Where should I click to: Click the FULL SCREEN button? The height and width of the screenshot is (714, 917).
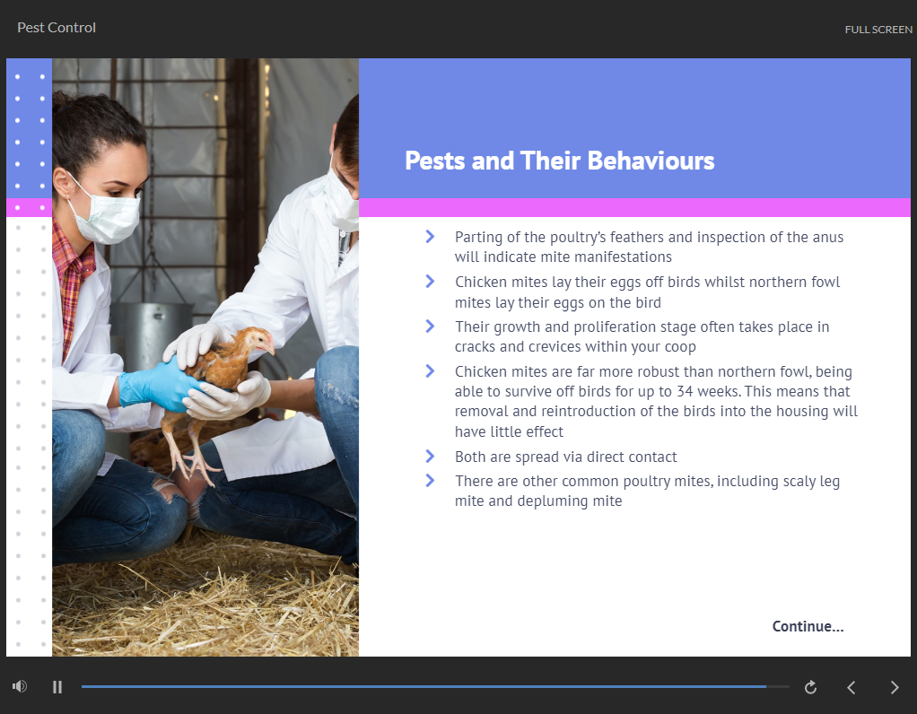pos(878,30)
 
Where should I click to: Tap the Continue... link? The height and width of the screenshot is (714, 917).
pos(808,626)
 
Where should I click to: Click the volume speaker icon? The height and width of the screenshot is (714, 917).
pos(20,686)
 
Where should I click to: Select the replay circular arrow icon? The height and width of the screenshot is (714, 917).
pos(810,687)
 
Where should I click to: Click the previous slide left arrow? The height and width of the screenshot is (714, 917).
pos(851,687)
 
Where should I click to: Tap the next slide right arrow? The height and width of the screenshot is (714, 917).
pos(895,687)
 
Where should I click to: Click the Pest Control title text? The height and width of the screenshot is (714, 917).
pos(57,28)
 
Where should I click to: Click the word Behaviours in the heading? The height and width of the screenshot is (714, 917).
pos(651,161)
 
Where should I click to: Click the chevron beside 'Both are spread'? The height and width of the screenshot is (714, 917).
pos(430,457)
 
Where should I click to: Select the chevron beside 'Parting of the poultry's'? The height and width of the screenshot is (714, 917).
pos(430,236)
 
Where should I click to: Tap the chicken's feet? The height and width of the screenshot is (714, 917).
pos(193,468)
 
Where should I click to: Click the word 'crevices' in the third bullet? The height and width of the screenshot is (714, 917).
pos(555,347)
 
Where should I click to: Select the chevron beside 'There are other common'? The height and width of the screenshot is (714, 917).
pos(430,480)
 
